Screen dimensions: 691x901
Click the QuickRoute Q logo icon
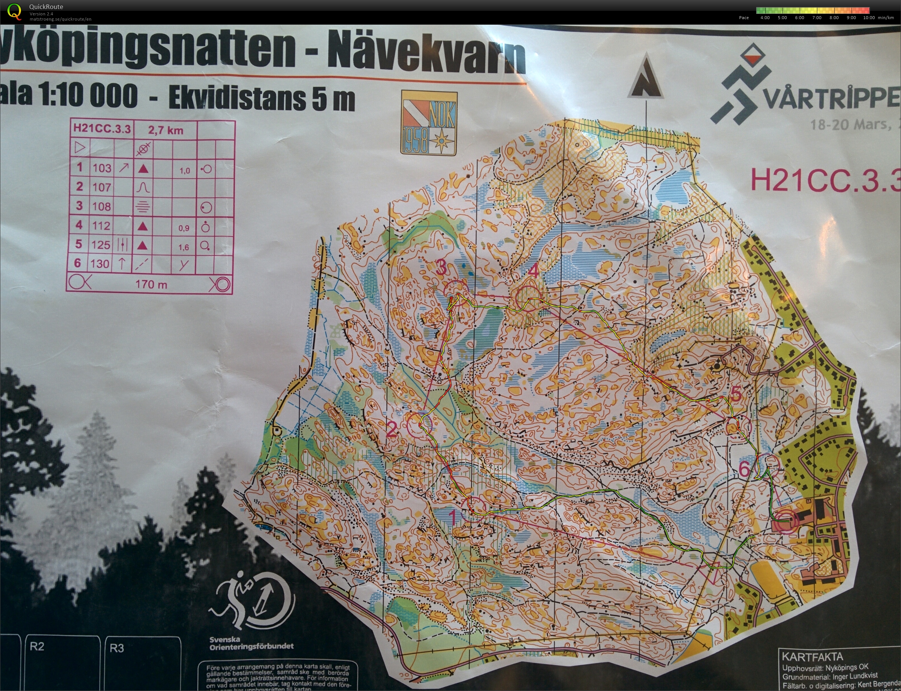click(14, 11)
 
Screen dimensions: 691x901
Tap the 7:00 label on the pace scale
click(817, 18)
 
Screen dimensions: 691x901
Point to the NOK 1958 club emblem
click(429, 123)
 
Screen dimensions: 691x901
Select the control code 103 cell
click(102, 168)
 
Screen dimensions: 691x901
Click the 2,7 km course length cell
click(165, 130)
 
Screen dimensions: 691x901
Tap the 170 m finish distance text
click(151, 284)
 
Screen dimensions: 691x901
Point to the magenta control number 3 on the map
click(441, 268)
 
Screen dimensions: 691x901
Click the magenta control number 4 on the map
click(533, 271)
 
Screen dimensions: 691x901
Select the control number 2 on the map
click(392, 429)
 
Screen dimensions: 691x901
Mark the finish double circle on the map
click(785, 521)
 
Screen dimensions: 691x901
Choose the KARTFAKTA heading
click(812, 657)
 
